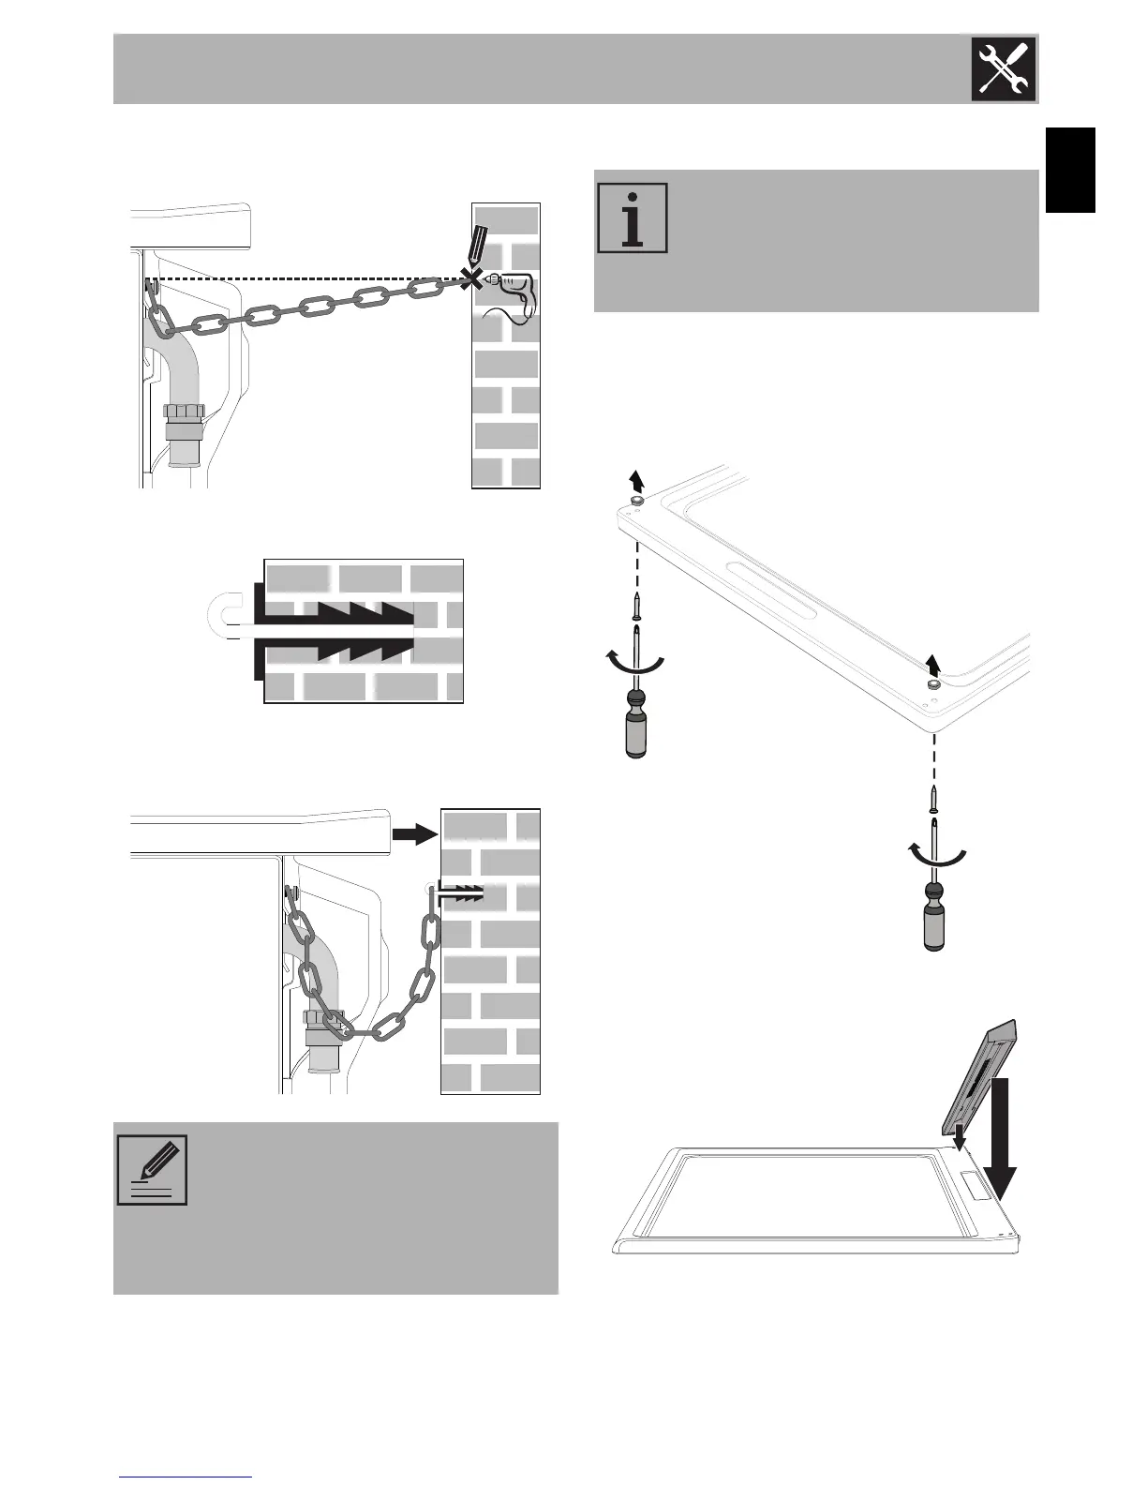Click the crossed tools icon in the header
[1005, 68]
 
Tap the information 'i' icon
[633, 217]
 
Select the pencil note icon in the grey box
[152, 1170]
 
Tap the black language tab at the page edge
[1070, 171]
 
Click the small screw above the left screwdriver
[636, 607]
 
